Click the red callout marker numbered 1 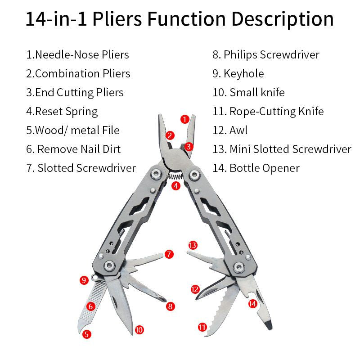184,119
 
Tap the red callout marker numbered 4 175,185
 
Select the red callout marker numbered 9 83,280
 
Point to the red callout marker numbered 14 253,304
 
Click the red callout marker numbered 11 202,327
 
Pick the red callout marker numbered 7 169,254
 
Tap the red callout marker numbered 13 193,245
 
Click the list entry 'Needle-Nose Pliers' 77,55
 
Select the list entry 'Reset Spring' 62,111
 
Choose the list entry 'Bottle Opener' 256,168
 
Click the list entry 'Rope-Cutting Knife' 268,111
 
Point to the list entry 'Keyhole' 238,74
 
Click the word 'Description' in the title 283,19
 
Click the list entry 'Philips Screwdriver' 266,55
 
